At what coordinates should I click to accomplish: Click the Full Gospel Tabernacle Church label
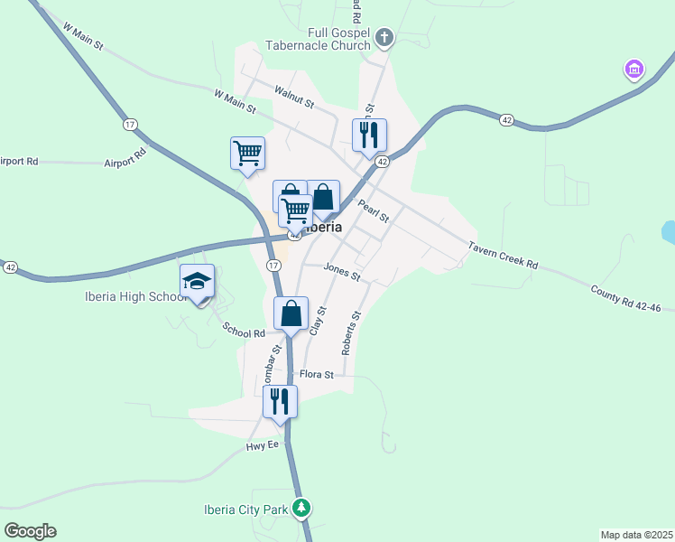coord(319,38)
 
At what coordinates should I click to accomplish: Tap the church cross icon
coord(384,38)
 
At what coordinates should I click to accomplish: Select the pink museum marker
coord(633,69)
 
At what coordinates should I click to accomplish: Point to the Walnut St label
coord(294,98)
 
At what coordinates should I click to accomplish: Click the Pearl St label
coord(373,211)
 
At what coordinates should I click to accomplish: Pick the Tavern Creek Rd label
coord(503,255)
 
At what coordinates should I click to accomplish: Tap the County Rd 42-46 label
coord(626,298)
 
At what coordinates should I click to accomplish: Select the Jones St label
coord(342,272)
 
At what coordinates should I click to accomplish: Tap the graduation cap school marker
coord(197,281)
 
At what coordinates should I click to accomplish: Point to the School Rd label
coord(244,332)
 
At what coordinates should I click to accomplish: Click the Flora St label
coord(317,374)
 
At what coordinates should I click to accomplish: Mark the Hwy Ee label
coord(264,446)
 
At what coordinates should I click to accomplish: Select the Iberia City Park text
coord(245,509)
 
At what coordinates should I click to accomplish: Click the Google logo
coord(30,531)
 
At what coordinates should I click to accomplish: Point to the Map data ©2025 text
coord(636,535)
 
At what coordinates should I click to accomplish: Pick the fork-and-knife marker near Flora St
coord(280,400)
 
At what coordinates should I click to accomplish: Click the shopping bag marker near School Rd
coord(291,314)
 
